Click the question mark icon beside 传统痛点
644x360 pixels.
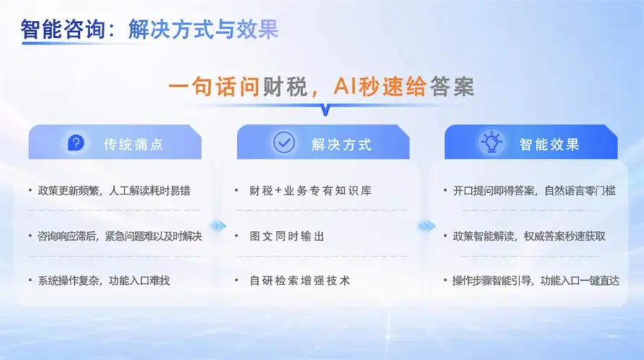click(x=76, y=143)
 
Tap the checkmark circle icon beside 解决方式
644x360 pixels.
click(x=284, y=143)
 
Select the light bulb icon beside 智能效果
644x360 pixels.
click(x=491, y=142)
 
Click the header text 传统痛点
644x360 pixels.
click(x=133, y=145)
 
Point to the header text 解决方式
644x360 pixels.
click(x=341, y=145)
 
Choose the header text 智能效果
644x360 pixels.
click(x=550, y=145)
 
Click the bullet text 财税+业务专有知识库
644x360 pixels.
click(x=310, y=191)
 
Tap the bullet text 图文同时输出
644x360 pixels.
click(x=287, y=236)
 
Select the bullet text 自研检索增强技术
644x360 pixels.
click(x=300, y=281)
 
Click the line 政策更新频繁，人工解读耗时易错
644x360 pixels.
click(x=115, y=191)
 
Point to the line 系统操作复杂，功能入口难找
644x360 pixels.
click(x=104, y=281)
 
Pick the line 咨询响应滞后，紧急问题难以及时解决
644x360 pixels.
click(x=120, y=236)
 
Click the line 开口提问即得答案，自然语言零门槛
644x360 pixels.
click(x=535, y=191)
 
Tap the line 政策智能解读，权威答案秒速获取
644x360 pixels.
click(x=529, y=236)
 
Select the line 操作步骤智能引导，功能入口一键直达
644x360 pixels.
click(x=536, y=281)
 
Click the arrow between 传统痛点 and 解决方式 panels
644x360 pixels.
click(x=218, y=225)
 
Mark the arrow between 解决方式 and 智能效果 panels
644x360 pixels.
click(x=426, y=225)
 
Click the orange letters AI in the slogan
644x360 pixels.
click(x=345, y=86)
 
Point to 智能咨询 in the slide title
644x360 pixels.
click(x=63, y=29)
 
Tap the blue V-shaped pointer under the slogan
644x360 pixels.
click(x=326, y=110)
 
